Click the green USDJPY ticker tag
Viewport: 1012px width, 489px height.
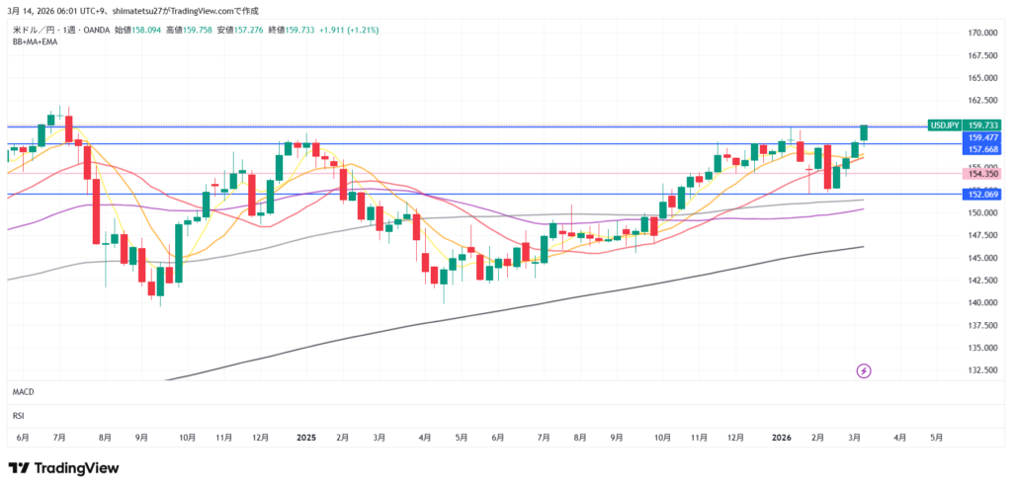(x=945, y=125)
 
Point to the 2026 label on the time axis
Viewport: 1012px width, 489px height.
(x=782, y=437)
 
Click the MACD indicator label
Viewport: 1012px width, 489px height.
(x=24, y=392)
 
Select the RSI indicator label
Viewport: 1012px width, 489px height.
(x=19, y=416)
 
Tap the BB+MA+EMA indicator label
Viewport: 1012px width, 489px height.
(x=34, y=42)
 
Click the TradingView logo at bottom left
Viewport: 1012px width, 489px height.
(x=63, y=467)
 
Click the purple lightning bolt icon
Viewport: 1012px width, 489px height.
(x=864, y=371)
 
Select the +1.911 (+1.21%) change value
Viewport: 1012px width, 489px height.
(x=354, y=30)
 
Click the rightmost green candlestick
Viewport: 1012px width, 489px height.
(x=864, y=133)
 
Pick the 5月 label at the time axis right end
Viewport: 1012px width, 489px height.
(x=936, y=437)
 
